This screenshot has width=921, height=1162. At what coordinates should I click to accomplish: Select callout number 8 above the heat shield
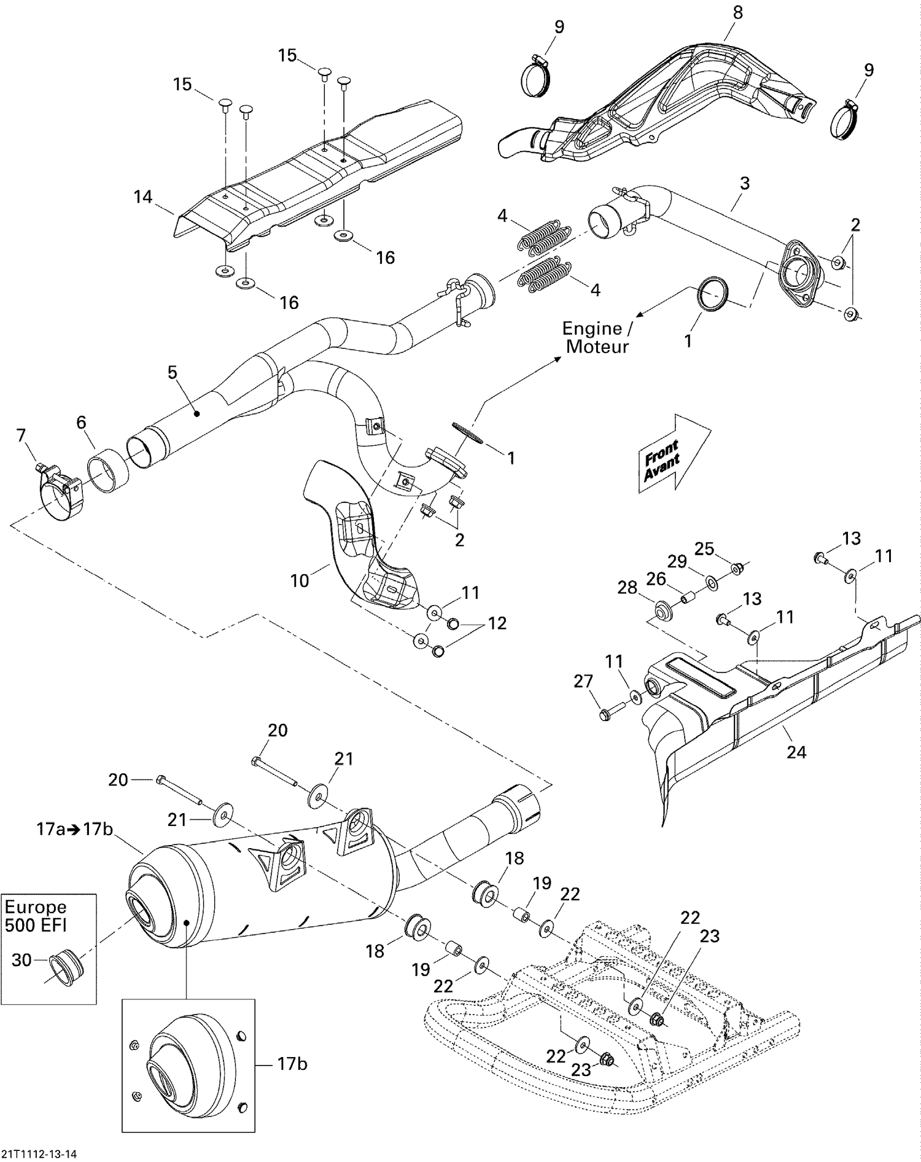click(x=737, y=12)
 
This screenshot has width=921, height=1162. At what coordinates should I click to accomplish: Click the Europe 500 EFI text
click(x=36, y=916)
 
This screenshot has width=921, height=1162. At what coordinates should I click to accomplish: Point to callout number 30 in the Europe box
click(x=21, y=959)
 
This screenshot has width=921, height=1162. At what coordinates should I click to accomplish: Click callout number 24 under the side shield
click(x=796, y=752)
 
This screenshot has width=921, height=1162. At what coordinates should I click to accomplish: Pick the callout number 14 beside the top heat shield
click(x=143, y=197)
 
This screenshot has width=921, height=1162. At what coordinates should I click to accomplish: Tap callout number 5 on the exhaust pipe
click(x=172, y=372)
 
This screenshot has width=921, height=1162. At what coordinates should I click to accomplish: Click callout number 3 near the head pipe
click(x=745, y=182)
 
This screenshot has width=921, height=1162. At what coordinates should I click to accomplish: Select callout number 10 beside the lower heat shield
click(x=299, y=580)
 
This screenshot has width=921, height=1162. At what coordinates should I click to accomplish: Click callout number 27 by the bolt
click(x=583, y=680)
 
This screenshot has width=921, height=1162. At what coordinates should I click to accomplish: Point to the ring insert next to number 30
click(x=68, y=966)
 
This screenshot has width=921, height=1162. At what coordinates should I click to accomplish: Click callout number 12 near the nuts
click(x=497, y=623)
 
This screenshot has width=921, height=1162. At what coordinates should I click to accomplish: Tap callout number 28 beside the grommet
click(x=628, y=588)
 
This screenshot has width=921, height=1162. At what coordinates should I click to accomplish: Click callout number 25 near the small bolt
click(x=704, y=548)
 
